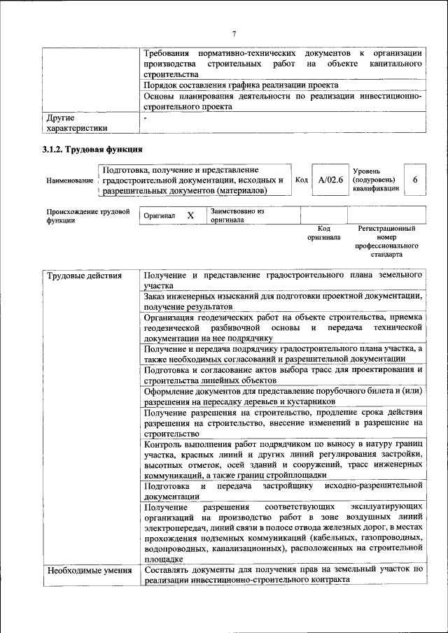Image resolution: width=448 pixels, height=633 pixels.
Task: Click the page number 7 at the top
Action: pos(234,33)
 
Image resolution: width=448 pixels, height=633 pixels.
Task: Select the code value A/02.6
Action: pos(330,180)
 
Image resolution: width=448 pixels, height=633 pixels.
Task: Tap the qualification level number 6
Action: pos(414,180)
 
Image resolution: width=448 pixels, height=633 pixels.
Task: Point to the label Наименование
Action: pos(70,180)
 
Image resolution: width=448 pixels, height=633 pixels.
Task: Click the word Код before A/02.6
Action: pos(302,180)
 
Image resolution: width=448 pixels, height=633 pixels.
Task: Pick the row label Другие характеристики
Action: pos(76,123)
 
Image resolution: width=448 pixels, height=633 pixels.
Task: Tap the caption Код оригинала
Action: pos(323,232)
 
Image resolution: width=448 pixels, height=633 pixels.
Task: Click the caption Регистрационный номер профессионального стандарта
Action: pos(386,241)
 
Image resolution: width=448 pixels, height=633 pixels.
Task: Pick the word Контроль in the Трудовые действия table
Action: pos(163,444)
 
